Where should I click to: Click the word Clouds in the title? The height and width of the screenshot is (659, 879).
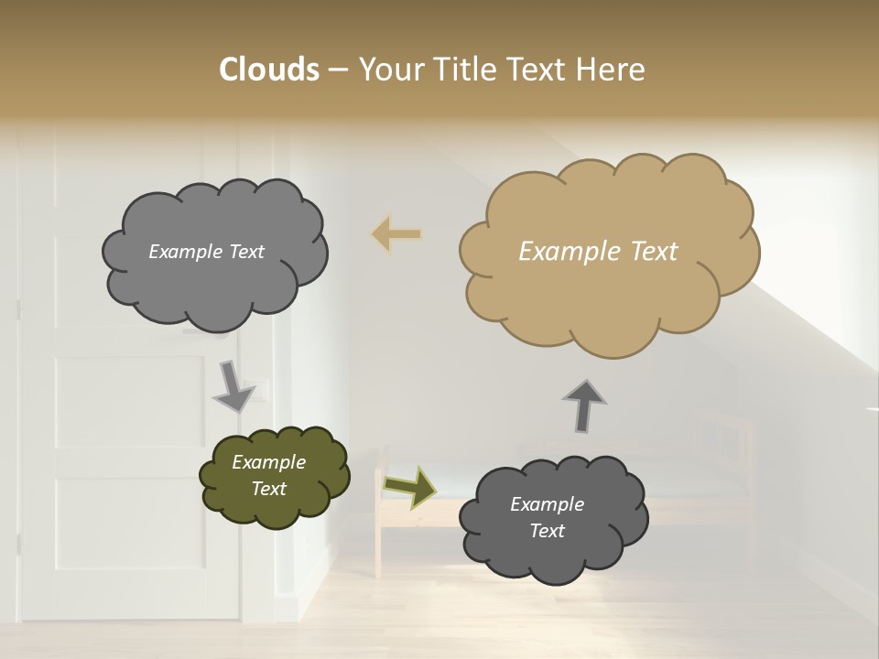pos(268,70)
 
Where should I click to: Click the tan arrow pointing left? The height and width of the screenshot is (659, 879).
pos(396,234)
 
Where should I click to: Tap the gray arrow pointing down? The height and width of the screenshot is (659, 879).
pos(233,385)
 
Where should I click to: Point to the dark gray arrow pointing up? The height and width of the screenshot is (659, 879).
pos(584,405)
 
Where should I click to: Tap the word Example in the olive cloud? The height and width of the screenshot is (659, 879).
pos(268,462)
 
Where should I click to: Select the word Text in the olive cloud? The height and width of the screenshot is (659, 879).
pos(268,489)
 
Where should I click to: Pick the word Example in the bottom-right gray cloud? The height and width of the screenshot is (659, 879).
pos(547,504)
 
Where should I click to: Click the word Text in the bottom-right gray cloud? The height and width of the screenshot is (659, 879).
pos(547,531)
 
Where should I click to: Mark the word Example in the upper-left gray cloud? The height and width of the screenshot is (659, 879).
pos(185,252)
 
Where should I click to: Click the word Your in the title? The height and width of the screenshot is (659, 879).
pos(388,70)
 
